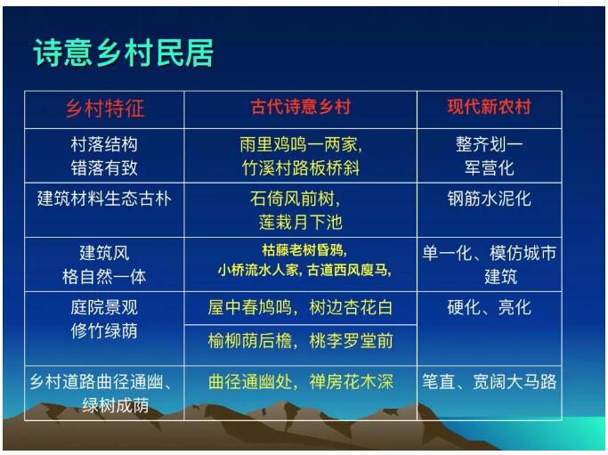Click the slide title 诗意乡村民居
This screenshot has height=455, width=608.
124,53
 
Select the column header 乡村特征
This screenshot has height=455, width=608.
105,108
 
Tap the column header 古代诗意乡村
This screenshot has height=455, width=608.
301,107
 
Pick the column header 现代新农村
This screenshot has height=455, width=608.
490,107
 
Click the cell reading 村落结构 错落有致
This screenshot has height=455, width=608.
104,157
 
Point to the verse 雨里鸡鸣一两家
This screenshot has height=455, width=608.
301,144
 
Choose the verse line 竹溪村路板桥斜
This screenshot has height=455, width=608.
301,168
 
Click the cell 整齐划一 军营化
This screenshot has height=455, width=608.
490,157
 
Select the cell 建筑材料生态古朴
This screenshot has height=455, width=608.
104,199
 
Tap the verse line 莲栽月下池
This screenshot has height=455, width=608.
301,223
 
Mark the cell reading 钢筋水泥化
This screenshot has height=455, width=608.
490,199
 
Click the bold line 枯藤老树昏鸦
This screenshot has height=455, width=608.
304,250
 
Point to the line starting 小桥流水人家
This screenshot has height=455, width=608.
304,270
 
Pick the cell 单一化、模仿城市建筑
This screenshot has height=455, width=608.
490,265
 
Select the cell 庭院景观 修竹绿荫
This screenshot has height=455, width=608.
104,320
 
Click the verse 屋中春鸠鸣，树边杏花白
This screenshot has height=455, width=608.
301,307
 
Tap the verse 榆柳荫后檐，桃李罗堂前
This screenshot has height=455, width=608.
301,341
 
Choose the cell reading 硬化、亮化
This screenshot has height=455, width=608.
490,307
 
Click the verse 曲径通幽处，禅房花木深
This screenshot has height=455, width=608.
301,382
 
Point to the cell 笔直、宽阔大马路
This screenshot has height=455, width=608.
490,382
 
